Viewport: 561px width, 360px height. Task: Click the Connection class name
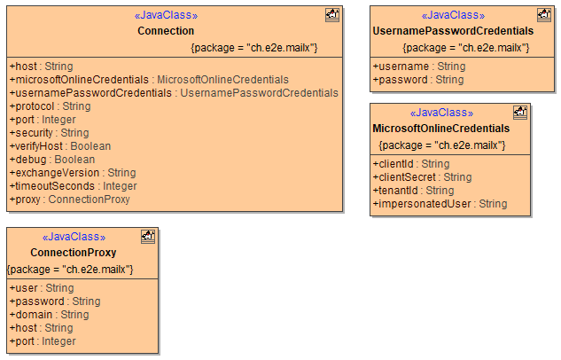pyautogui.click(x=166, y=31)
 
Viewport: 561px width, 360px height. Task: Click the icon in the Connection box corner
pyautogui.click(x=332, y=14)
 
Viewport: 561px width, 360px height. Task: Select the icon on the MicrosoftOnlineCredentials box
pyautogui.click(x=520, y=112)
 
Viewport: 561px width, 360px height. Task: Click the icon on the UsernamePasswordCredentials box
pyautogui.click(x=543, y=14)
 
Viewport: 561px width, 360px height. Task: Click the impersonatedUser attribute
pyautogui.click(x=440, y=204)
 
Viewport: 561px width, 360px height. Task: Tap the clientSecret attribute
pyautogui.click(x=422, y=177)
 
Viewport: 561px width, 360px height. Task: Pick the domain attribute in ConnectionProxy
pyautogui.click(x=49, y=315)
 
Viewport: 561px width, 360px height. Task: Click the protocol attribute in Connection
pyautogui.click(x=50, y=106)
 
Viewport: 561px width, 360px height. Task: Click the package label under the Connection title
pyautogui.click(x=253, y=47)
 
